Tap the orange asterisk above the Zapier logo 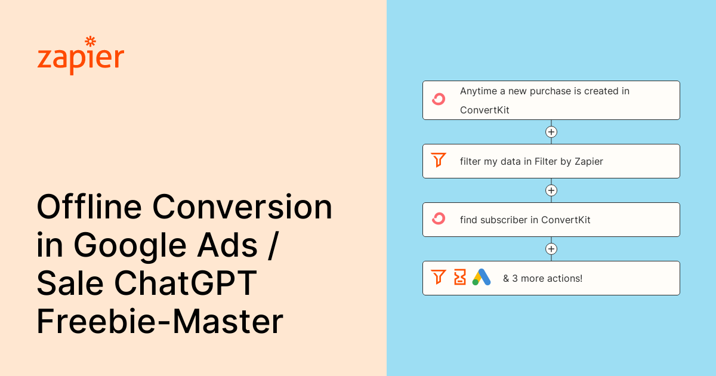point(90,41)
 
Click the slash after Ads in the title point(272,246)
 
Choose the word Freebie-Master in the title point(160,322)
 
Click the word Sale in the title point(70,284)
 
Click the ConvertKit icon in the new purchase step point(439,100)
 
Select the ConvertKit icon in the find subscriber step point(439,219)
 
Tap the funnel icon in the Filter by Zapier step point(439,161)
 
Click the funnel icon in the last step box point(439,278)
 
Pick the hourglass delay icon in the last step point(459,278)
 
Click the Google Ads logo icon point(482,278)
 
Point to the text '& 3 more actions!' point(542,278)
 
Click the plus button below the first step point(551,132)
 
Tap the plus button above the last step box point(551,249)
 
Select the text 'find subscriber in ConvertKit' point(525,220)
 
